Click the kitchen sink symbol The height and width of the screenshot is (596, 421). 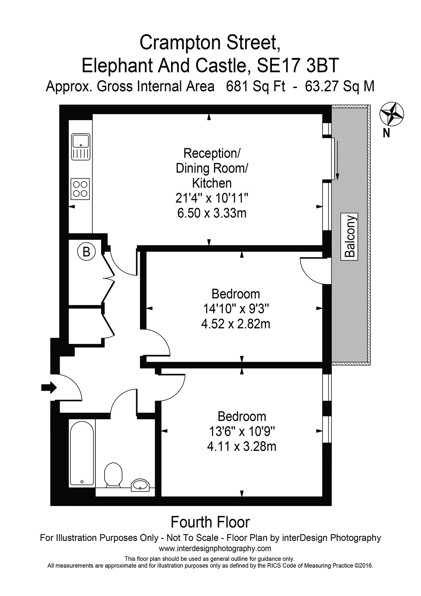[81, 147]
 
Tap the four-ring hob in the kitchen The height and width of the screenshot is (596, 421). [80, 189]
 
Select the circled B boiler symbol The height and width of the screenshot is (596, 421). [87, 252]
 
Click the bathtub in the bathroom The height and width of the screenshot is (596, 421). [82, 453]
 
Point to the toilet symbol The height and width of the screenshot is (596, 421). [113, 475]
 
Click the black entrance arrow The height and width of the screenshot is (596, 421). [49, 387]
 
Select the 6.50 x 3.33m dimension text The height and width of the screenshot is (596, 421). [212, 213]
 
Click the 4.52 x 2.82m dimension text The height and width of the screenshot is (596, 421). [236, 324]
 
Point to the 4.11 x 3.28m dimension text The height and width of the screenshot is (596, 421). [242, 446]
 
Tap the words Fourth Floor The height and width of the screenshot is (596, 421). [210, 522]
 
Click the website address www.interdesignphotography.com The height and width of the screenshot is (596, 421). [215, 548]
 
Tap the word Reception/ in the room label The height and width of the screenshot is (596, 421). [212, 153]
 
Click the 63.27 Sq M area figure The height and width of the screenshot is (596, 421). [340, 86]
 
